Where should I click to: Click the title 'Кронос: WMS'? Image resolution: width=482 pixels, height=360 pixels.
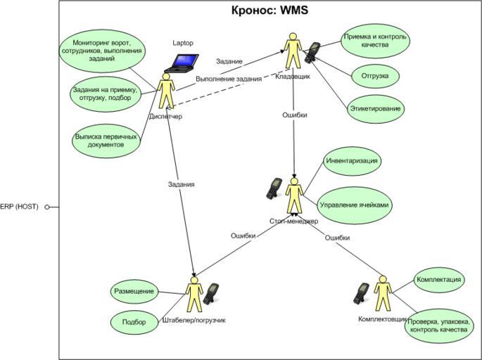pos(270,11)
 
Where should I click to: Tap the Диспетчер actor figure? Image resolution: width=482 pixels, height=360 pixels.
pos(166,92)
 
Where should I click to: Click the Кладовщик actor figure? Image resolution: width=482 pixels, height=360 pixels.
pos(293,51)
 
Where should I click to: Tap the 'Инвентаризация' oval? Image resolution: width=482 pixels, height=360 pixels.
pos(353,161)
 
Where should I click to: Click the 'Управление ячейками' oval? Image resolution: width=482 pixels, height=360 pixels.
pos(354,205)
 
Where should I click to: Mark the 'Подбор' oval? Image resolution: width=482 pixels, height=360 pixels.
pos(134,322)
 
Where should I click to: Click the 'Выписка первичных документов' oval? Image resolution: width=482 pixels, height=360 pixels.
pos(106,140)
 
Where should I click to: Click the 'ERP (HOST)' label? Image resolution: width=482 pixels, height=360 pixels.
pos(19,207)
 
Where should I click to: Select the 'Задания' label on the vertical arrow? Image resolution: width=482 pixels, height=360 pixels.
pos(181,184)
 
